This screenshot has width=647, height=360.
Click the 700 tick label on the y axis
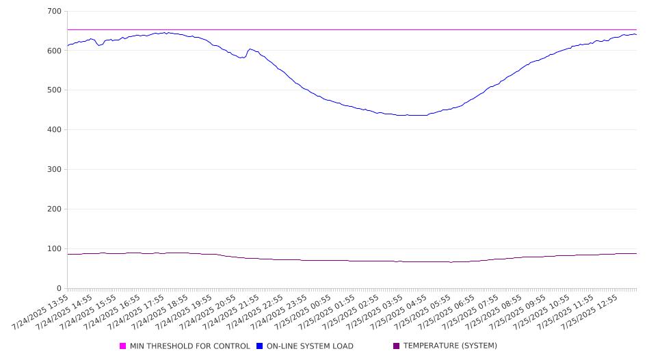tap(55, 11)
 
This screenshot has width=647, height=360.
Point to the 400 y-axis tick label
tap(55, 129)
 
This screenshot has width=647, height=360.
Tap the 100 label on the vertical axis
tap(55, 248)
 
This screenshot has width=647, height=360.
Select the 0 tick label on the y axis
tap(59, 288)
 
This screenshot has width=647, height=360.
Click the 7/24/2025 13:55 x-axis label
tap(40, 312)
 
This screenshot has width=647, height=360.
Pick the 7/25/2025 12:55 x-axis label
tap(590, 312)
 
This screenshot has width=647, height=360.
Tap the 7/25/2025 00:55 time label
tap(303, 312)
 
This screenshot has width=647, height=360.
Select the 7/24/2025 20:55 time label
tap(207, 312)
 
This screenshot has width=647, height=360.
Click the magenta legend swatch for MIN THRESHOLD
tap(122, 346)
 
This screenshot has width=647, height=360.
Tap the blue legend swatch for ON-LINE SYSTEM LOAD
tap(259, 346)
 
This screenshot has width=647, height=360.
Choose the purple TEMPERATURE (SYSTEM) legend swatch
tap(397, 346)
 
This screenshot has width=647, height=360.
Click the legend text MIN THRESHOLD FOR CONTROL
tap(190, 346)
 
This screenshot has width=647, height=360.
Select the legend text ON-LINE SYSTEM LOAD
tap(310, 346)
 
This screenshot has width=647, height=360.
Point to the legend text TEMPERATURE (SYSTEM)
tap(450, 346)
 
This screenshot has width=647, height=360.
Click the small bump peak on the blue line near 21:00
tap(250, 49)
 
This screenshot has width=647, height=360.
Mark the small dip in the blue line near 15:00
tap(99, 45)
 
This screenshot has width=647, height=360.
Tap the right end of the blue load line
tap(636, 34)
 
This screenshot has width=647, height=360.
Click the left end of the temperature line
tap(68, 255)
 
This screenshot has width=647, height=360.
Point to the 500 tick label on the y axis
tap(55, 90)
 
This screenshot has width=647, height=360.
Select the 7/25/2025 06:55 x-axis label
tap(446, 312)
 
